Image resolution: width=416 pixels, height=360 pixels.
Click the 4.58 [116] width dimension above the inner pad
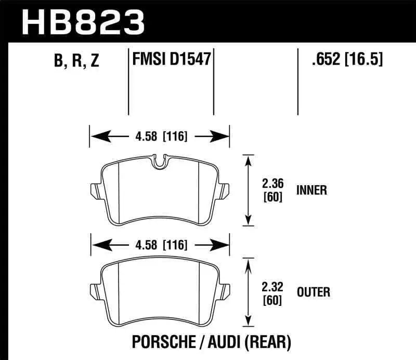(160, 137)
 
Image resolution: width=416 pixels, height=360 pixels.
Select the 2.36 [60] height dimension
(272, 190)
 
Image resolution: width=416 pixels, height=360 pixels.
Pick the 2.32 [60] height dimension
(272, 292)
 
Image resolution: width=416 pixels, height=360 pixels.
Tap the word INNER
(311, 190)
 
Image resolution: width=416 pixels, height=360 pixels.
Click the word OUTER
(313, 292)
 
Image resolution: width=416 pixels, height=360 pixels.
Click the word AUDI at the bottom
(224, 342)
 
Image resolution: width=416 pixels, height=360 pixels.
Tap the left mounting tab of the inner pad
(95, 190)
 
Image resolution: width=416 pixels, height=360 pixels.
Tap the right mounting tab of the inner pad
(225, 190)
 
